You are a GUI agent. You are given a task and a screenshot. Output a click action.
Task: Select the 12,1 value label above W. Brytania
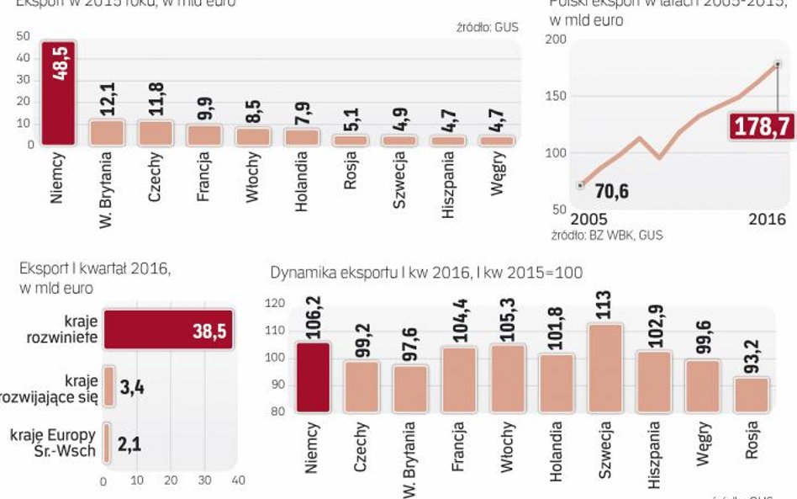[107, 93]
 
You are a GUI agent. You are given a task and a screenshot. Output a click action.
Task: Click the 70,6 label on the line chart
[612, 193]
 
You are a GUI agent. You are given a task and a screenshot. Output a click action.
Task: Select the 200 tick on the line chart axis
[556, 40]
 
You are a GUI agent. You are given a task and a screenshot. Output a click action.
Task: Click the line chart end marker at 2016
[778, 64]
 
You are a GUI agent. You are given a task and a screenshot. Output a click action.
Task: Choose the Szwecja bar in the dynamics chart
[605, 367]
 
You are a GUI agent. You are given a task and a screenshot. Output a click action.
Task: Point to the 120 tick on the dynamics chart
[274, 304]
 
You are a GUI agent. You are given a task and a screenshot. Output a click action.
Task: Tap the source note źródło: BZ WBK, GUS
[606, 236]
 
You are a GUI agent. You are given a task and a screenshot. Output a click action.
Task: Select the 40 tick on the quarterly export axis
[238, 480]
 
